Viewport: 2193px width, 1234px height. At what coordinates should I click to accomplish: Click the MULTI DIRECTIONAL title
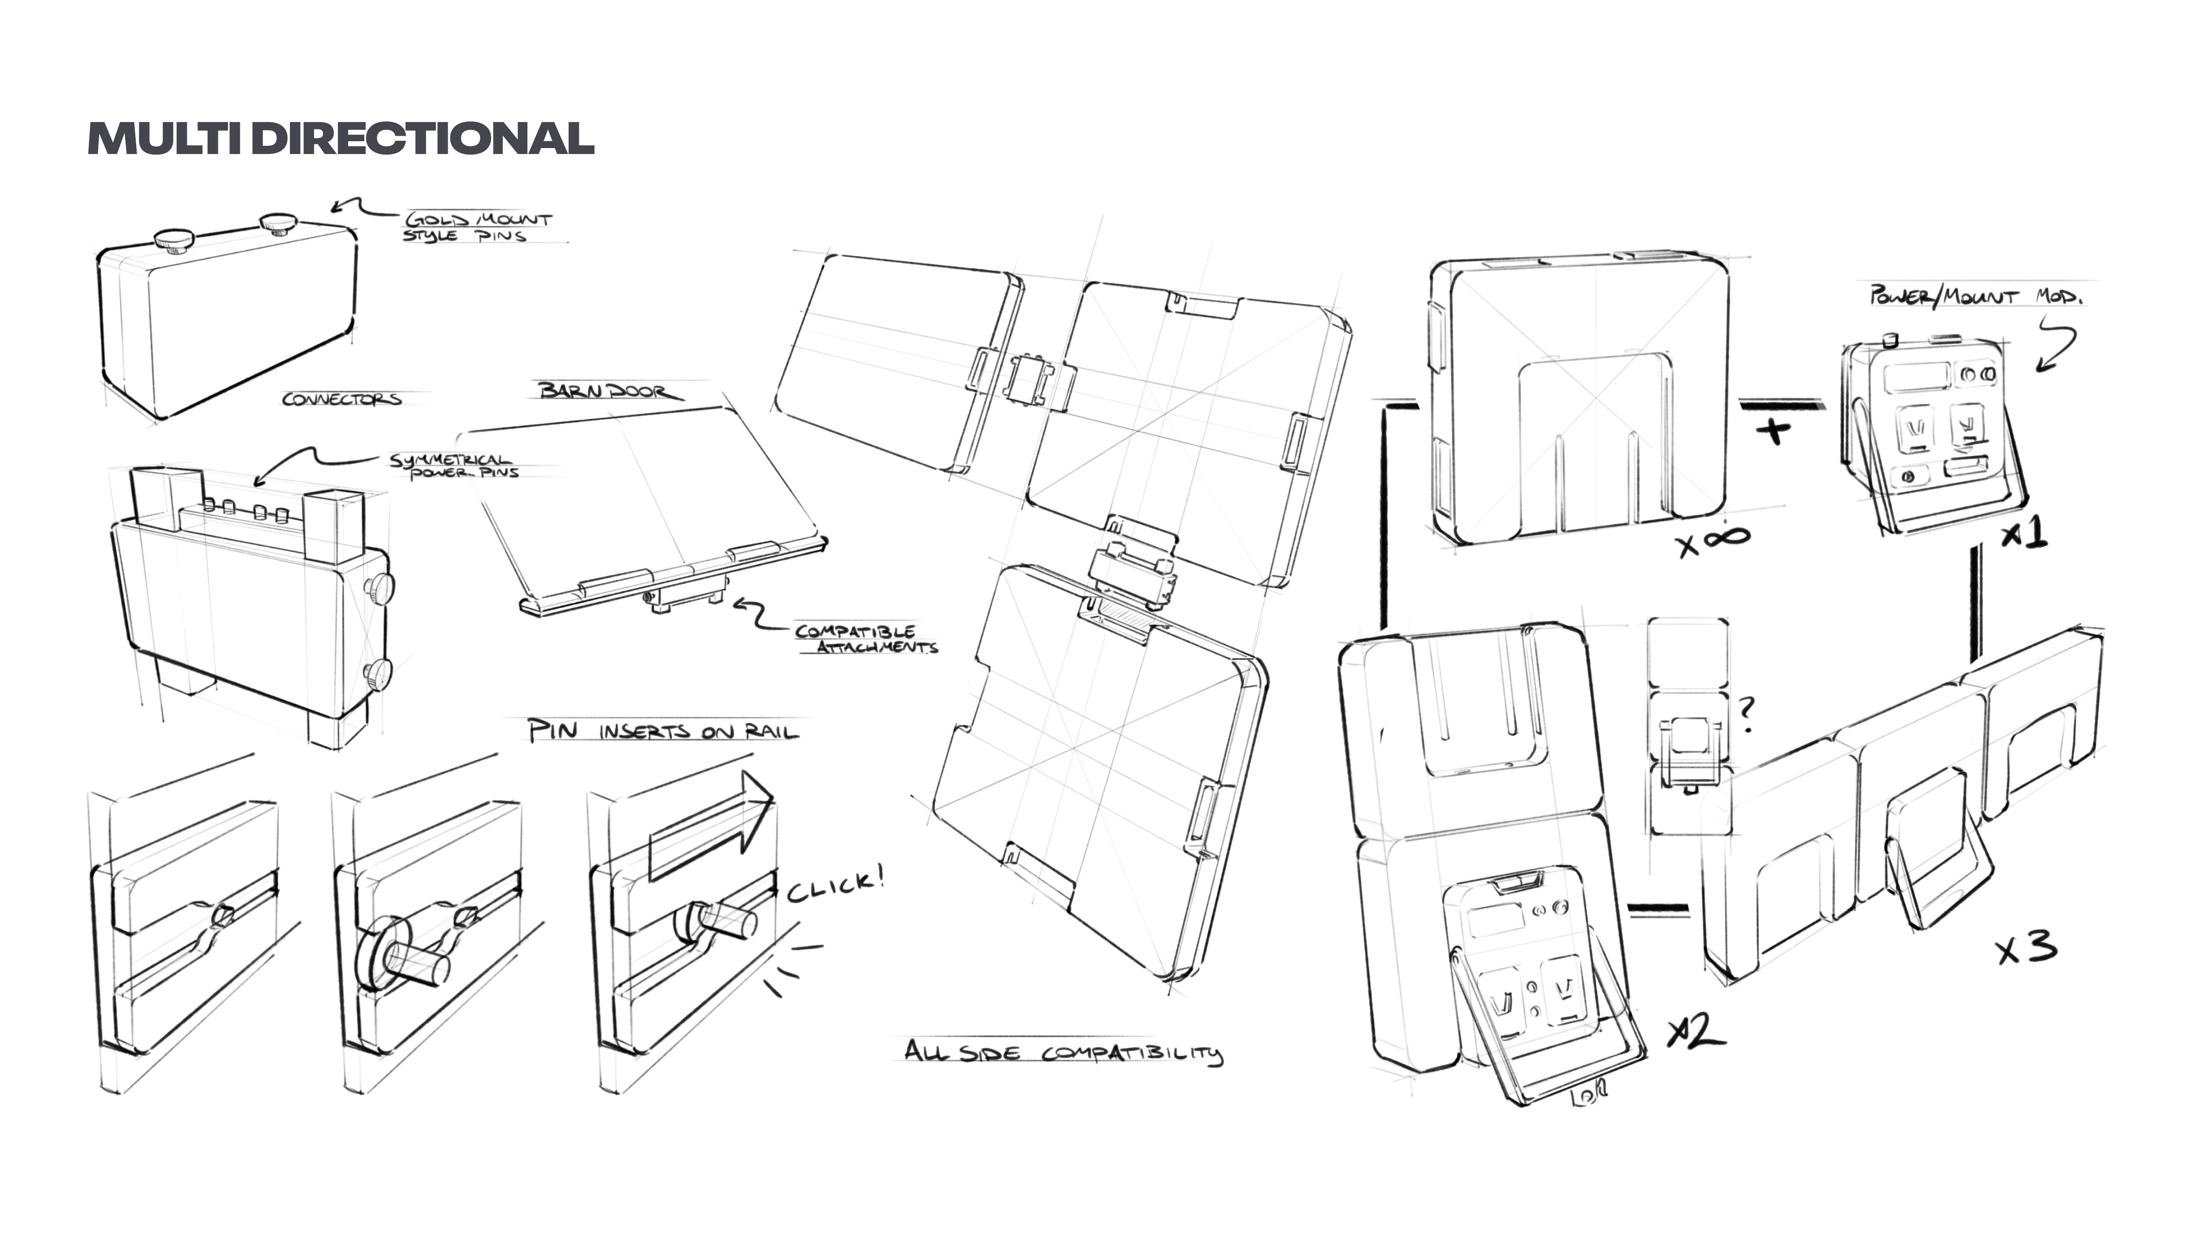point(340,138)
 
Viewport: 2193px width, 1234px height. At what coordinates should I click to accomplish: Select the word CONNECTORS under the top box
point(341,399)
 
